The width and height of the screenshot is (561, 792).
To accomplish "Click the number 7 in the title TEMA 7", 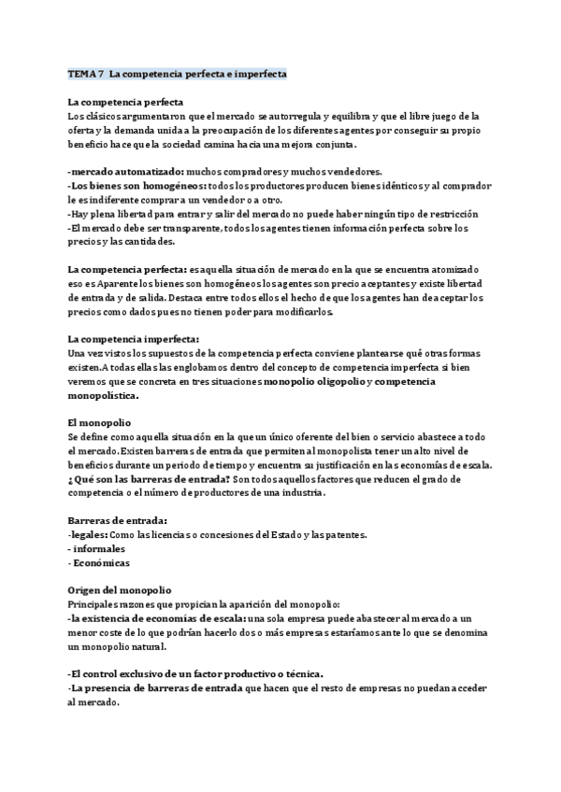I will click(100, 73).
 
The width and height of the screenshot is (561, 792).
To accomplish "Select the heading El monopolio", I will click(99, 422).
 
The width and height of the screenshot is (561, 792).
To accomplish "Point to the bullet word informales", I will click(98, 549).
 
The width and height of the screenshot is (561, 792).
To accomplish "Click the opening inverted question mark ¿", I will click(70, 479).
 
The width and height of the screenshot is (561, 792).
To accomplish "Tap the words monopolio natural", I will click(122, 646).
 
